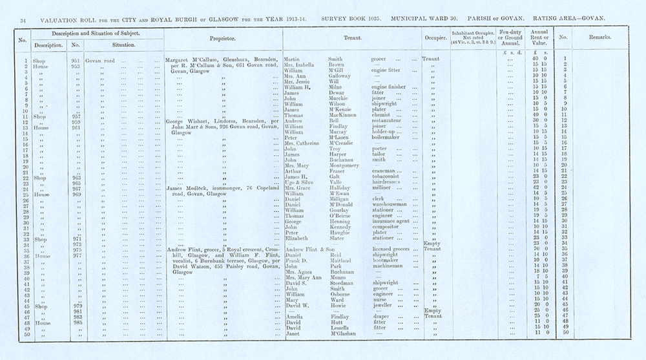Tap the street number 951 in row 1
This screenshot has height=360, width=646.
coord(75,59)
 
